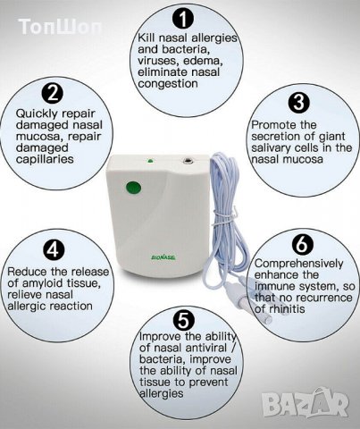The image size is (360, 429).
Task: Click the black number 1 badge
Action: pyautogui.click(x=183, y=19)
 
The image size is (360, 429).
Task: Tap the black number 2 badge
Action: pyautogui.click(x=53, y=93)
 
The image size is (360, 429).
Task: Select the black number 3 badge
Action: pyautogui.click(x=299, y=103)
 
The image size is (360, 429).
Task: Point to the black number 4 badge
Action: pyautogui.click(x=54, y=249)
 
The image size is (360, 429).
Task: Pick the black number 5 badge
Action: pyautogui.click(x=184, y=321)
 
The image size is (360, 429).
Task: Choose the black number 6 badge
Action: pyautogui.click(x=303, y=244)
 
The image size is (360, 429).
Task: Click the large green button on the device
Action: pyautogui.click(x=133, y=188)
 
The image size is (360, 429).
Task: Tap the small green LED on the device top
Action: pyautogui.click(x=150, y=161)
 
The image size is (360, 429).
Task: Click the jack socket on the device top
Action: pyautogui.click(x=188, y=161)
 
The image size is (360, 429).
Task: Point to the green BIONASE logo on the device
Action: pyautogui.click(x=163, y=257)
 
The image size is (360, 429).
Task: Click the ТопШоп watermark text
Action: pyautogui.click(x=60, y=27)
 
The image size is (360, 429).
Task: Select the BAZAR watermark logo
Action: pyautogui.click(x=306, y=403)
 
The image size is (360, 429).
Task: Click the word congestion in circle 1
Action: pyautogui.click(x=168, y=83)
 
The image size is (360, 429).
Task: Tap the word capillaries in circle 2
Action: pyautogui.click(x=45, y=159)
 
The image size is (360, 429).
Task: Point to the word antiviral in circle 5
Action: pyautogui.click(x=206, y=348)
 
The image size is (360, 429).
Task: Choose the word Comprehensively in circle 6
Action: pyautogui.click(x=298, y=264)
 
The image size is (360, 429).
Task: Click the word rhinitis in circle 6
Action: pyautogui.click(x=287, y=309)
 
